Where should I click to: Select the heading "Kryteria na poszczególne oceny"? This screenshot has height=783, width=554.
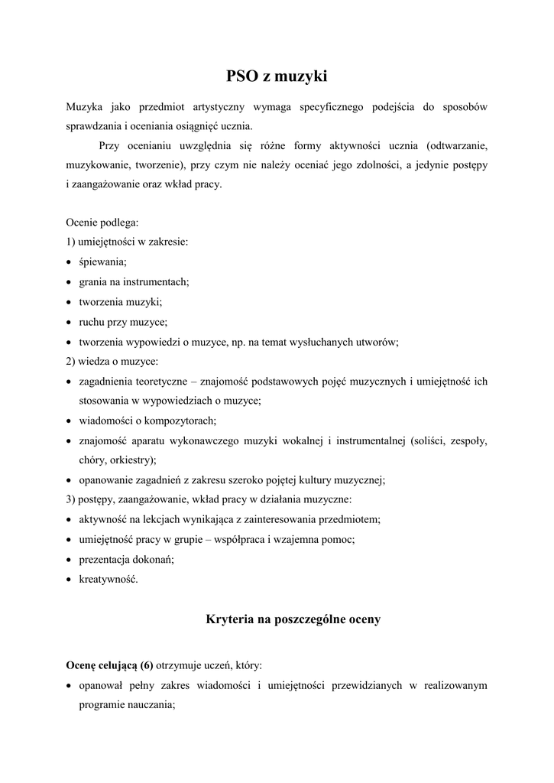tap(293, 619)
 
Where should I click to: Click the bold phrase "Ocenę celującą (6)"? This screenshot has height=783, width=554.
tap(109, 665)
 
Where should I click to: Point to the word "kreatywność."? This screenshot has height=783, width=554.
tap(109, 580)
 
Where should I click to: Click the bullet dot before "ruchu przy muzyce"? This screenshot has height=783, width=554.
tap(70, 322)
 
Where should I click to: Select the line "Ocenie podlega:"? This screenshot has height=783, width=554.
tap(102, 223)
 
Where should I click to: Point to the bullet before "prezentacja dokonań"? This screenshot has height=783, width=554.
tap(70, 560)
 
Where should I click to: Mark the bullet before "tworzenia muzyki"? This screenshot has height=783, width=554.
tap(70, 302)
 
